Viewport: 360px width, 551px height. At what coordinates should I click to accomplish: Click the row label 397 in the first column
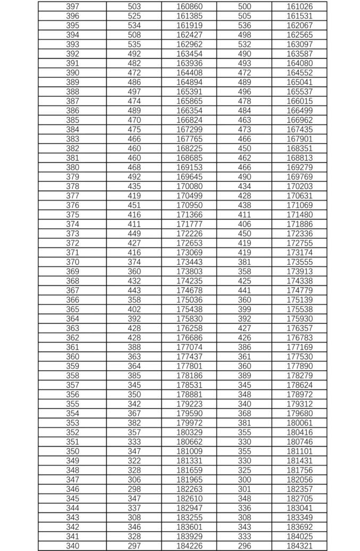click(x=72, y=6)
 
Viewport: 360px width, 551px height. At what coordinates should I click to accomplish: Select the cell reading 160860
click(x=189, y=6)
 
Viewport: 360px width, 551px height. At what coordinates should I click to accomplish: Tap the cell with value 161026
click(x=299, y=6)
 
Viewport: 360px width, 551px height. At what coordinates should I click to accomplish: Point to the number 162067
click(x=299, y=26)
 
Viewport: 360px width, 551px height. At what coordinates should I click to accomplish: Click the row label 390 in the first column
click(x=72, y=73)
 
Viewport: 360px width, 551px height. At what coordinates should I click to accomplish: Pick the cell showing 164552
click(x=299, y=73)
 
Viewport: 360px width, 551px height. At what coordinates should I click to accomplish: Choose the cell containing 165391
click(x=189, y=91)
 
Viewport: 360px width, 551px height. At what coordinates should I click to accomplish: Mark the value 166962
click(x=299, y=120)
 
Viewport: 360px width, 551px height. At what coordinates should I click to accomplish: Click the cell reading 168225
click(x=189, y=148)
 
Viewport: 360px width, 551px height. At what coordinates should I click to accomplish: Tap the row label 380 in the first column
click(x=72, y=168)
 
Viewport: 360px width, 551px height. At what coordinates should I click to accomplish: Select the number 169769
click(x=299, y=177)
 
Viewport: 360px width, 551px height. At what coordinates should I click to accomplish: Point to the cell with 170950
click(x=189, y=205)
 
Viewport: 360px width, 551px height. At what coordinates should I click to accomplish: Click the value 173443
click(x=189, y=262)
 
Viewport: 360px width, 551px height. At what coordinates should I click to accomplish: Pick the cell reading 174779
click(x=299, y=290)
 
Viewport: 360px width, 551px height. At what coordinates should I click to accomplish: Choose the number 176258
click(x=189, y=329)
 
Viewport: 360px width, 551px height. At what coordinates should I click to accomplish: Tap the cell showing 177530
click(x=299, y=357)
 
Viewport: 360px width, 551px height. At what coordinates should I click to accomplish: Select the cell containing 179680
click(x=299, y=414)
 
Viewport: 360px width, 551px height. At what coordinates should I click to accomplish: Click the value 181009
click(x=189, y=452)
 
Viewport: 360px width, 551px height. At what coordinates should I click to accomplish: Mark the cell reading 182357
click(x=299, y=489)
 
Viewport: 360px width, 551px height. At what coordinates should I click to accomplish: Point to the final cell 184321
click(x=299, y=546)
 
